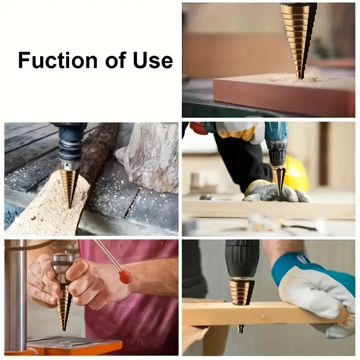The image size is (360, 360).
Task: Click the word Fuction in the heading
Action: (58, 60)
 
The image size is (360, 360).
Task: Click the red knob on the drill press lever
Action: (126, 276)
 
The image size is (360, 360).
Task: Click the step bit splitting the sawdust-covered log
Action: (69, 184)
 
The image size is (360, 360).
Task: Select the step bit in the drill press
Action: (63, 306)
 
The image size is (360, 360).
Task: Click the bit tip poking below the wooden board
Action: (241, 328)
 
